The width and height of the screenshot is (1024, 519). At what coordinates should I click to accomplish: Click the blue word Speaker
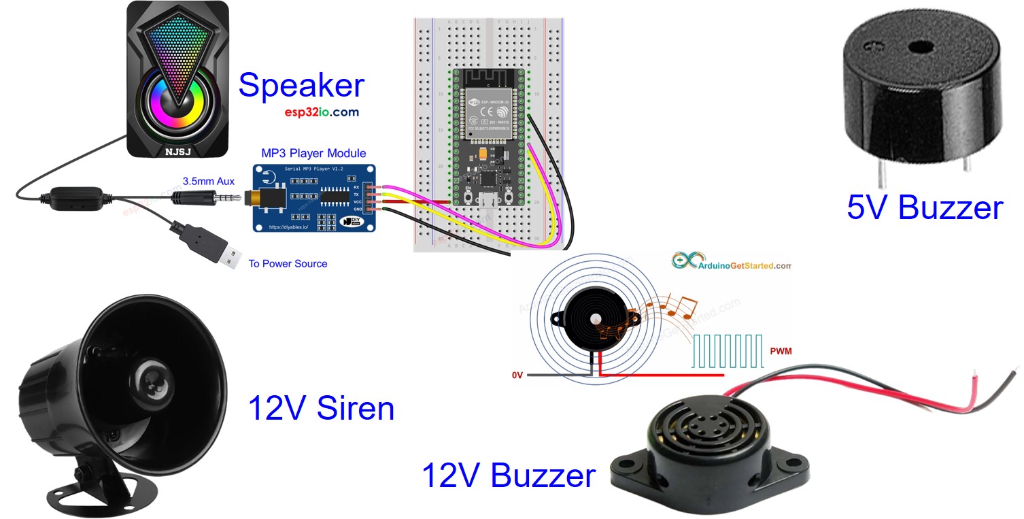[301, 86]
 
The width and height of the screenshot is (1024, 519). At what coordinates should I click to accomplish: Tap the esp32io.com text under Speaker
[322, 112]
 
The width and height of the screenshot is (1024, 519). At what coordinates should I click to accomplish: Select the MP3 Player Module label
[313, 153]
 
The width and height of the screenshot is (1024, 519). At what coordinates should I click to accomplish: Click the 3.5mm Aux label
[208, 181]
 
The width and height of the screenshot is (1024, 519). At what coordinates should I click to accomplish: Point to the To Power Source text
[288, 263]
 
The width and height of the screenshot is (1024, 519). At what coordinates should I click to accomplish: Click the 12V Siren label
[321, 408]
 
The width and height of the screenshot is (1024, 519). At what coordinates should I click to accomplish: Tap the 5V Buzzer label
[924, 207]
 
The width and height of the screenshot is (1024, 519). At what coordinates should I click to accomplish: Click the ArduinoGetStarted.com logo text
[745, 265]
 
